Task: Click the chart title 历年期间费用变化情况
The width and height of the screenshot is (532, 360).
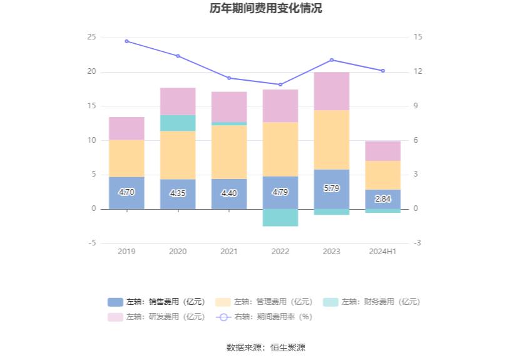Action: pos(266,9)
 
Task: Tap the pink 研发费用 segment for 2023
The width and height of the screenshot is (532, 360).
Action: pos(332,91)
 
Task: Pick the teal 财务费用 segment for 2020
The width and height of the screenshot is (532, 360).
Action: pos(178,123)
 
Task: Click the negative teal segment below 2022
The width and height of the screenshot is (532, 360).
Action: pos(280,217)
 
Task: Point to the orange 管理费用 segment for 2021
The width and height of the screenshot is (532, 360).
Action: pos(229,152)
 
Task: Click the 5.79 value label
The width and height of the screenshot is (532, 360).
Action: pos(332,188)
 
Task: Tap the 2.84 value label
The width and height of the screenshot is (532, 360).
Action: pos(383,199)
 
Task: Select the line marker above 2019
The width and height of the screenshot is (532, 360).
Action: pos(126,41)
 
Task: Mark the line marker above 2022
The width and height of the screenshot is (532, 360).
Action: pos(280,85)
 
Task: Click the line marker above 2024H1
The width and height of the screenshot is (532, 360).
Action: pos(383,71)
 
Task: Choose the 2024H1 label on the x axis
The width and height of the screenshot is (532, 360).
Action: pos(383,251)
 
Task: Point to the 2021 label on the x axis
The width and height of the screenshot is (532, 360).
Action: pos(229,251)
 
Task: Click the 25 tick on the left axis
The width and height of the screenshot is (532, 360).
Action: pos(91,37)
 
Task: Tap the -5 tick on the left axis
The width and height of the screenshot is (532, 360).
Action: pos(91,243)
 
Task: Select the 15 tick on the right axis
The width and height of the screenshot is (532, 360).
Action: pos(417,37)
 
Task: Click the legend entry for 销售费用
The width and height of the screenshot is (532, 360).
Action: pos(156,302)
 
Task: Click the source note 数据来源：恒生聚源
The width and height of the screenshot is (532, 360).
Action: pos(266,347)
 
